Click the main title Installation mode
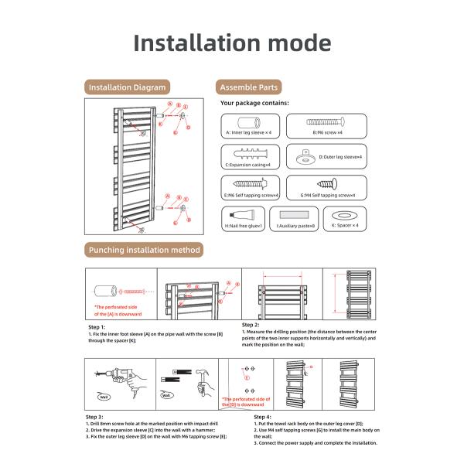coord(232,43)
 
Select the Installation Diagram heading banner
coord(127,87)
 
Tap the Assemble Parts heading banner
coord(249,87)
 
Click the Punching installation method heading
coord(145,250)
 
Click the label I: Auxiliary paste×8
coord(296,226)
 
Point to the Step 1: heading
coord(97,326)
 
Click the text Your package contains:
coord(254,103)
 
